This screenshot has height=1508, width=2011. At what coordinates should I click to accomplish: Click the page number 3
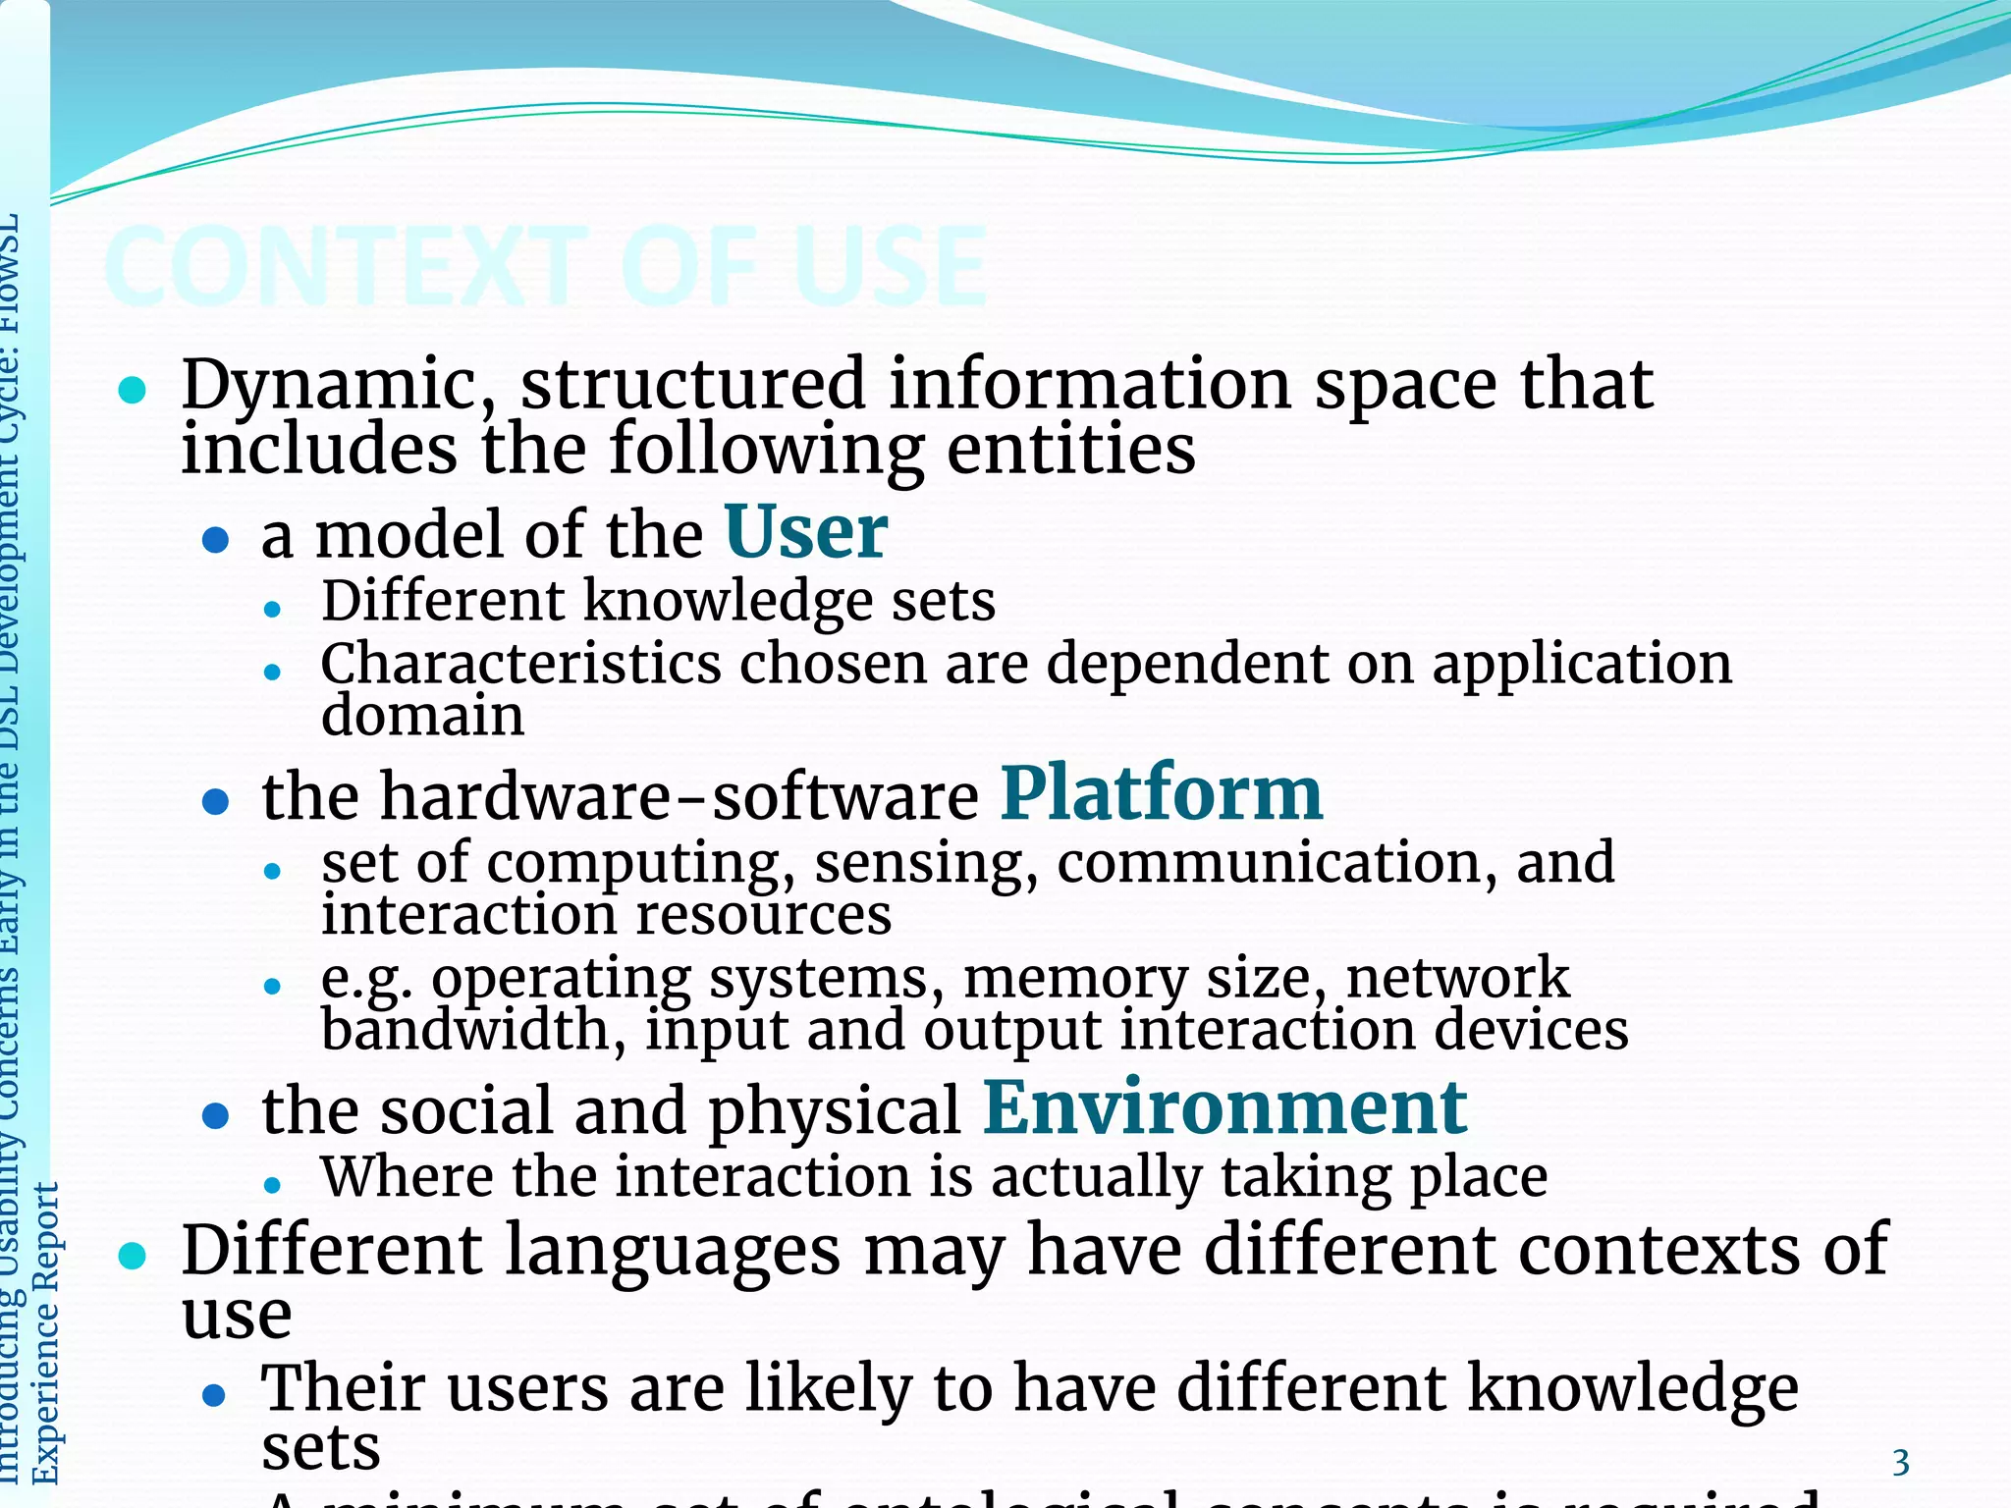1901,1463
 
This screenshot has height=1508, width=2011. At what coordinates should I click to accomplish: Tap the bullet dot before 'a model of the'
215,539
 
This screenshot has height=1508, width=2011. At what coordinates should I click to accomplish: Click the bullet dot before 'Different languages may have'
132,1255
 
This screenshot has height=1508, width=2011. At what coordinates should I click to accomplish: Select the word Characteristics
520,664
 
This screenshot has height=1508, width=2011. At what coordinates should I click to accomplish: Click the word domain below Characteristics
422,715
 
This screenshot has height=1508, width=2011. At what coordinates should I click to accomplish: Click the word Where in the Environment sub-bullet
408,1176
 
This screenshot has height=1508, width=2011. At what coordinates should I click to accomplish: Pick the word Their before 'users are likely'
339,1388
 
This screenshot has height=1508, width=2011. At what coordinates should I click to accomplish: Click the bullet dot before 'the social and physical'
215,1115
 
